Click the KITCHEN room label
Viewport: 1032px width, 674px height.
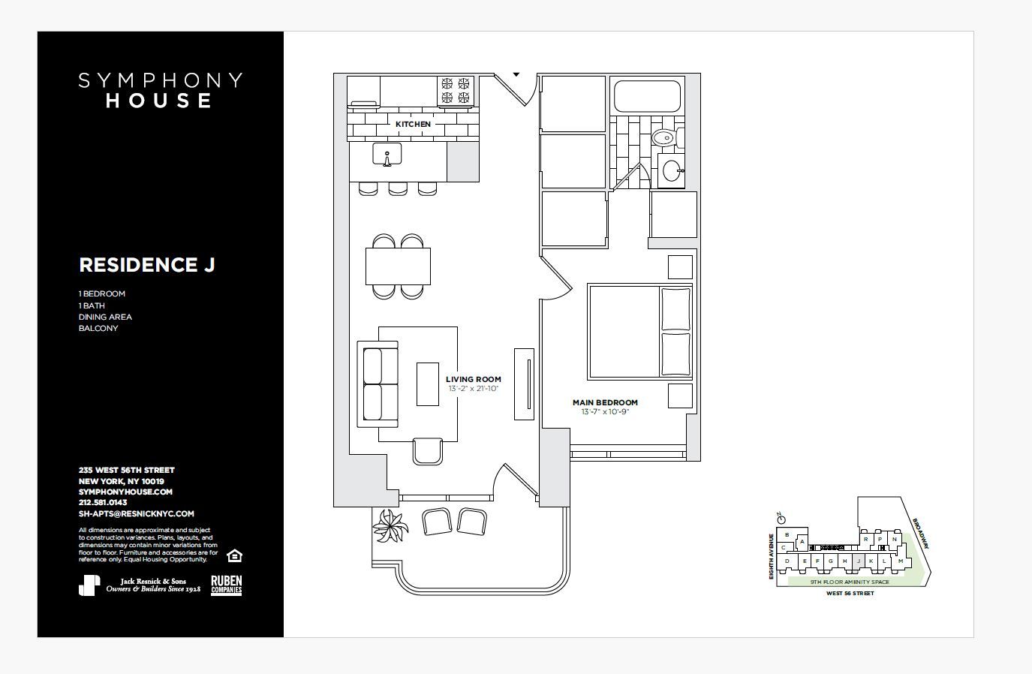click(x=413, y=124)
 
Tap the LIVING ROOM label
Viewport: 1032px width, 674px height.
click(x=473, y=379)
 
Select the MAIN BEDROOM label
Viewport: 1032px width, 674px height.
click(x=605, y=402)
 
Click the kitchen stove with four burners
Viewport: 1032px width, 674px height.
click(x=456, y=90)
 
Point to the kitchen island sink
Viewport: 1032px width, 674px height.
click(x=387, y=155)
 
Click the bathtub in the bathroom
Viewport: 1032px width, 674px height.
click(x=647, y=95)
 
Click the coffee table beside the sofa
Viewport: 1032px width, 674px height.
click(x=428, y=384)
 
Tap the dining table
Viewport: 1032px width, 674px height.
click(x=398, y=266)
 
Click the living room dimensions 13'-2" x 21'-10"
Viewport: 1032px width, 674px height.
click(x=473, y=389)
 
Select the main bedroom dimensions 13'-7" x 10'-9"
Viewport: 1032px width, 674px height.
click(x=605, y=412)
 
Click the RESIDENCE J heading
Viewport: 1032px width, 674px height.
click(x=147, y=265)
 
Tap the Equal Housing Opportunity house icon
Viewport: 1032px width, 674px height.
click(x=234, y=555)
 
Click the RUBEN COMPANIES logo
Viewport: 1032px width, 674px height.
click(x=226, y=585)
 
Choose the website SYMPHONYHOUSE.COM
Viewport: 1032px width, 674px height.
click(x=125, y=492)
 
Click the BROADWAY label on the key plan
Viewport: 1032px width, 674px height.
click(x=920, y=532)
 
